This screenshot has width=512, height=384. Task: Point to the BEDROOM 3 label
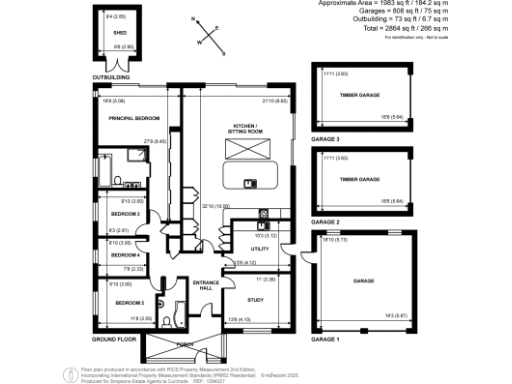point(125,214)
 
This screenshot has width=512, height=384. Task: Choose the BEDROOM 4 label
point(125,255)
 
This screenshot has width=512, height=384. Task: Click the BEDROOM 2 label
point(129,302)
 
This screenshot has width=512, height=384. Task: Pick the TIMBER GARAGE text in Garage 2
point(361,180)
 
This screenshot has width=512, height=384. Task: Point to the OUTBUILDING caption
point(112,76)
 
